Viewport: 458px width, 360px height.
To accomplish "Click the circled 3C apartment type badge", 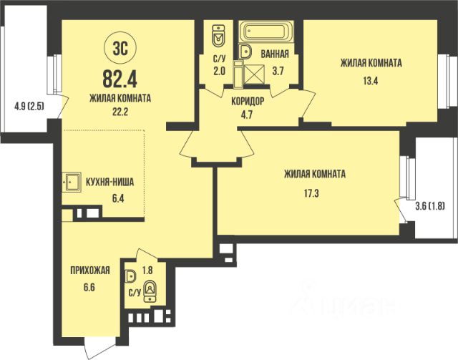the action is (120, 49).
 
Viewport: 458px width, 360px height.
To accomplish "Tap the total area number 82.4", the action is (120, 79).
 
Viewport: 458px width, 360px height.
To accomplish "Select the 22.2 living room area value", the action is (120, 112).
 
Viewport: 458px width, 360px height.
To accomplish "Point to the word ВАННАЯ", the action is (275, 54).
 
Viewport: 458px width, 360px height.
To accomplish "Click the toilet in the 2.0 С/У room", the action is (218, 37).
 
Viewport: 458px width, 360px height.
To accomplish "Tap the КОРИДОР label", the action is (248, 102).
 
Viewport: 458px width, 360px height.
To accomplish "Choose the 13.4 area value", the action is (371, 81).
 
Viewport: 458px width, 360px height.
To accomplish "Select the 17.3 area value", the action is (311, 193).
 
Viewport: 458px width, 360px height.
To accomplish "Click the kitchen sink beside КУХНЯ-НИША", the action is (72, 182).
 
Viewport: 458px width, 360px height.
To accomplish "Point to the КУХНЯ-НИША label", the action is (109, 183).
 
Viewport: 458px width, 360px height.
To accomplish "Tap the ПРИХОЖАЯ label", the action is (90, 271).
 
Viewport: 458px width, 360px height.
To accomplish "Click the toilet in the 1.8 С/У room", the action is (150, 291).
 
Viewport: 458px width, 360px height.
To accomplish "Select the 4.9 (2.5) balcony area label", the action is (29, 106).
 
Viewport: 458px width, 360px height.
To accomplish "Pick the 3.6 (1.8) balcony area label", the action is (430, 207).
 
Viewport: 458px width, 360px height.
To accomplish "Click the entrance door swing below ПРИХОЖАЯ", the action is (95, 348).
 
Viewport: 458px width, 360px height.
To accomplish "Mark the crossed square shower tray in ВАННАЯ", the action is (254, 75).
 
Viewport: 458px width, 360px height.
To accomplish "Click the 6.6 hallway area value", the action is (89, 287).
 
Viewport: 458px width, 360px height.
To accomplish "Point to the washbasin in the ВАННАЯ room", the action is (245, 52).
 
